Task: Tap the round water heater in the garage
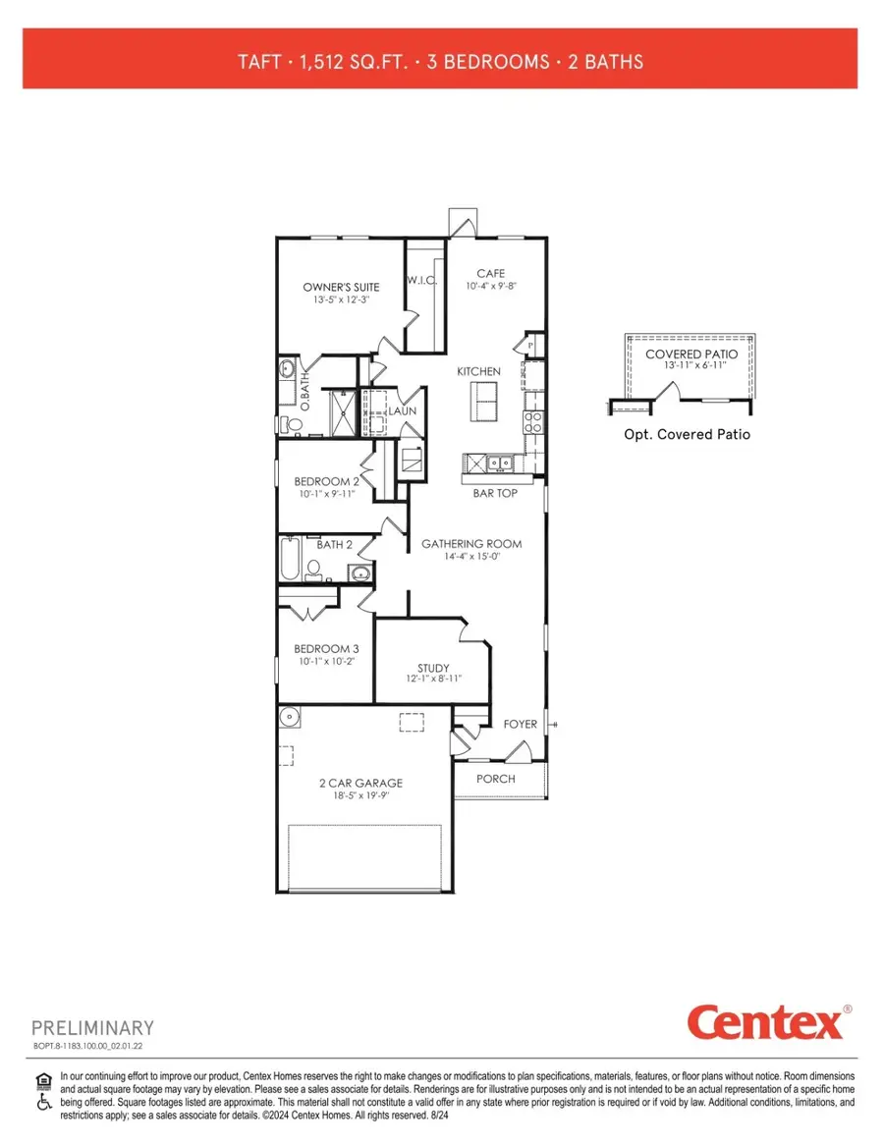(x=288, y=716)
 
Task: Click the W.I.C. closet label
(x=421, y=282)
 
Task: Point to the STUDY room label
(x=432, y=668)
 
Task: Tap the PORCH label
(x=495, y=779)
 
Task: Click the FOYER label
(x=521, y=725)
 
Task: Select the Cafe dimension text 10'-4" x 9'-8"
(x=491, y=287)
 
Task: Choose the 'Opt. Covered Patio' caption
(x=687, y=434)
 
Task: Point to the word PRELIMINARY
(x=93, y=1028)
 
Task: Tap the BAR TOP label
(x=494, y=493)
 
